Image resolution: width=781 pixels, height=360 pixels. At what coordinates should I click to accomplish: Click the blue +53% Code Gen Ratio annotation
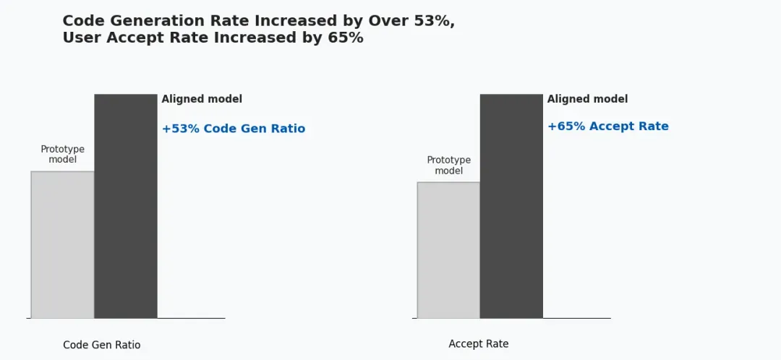click(233, 129)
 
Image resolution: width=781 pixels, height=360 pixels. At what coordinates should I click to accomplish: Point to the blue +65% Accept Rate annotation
click(607, 127)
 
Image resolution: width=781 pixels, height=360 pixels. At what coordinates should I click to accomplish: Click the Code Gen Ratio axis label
click(102, 345)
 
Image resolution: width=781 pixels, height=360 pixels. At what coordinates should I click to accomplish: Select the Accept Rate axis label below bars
click(478, 344)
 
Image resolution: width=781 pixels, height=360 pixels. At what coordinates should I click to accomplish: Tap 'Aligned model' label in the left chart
click(202, 99)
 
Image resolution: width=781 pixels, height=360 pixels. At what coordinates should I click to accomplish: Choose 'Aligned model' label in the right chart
click(587, 99)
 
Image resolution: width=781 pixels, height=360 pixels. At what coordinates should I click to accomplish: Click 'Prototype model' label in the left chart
click(62, 154)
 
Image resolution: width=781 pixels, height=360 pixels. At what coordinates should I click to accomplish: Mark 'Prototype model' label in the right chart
click(448, 165)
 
